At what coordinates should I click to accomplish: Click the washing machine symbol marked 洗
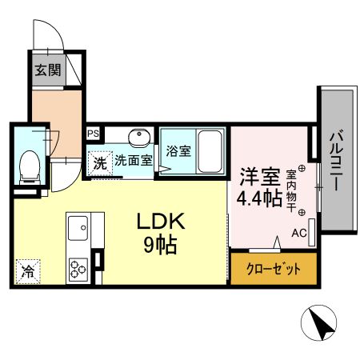point(99,162)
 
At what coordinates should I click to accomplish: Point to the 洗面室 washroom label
point(133,160)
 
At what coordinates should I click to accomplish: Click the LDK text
point(166,222)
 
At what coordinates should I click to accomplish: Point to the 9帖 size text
point(162,244)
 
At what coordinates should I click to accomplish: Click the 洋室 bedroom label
point(258,175)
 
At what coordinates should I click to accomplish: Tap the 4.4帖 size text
point(258,197)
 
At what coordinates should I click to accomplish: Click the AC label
point(299,234)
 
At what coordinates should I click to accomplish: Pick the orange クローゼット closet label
point(274,269)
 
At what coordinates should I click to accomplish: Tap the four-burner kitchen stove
point(79,267)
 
